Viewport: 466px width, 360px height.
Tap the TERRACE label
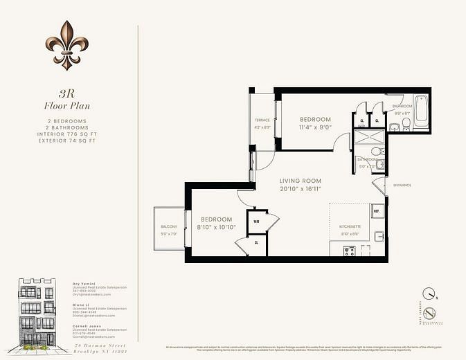(262, 120)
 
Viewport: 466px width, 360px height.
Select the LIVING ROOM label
(300, 181)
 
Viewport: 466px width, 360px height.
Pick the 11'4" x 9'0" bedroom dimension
(315, 127)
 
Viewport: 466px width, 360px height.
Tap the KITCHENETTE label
(350, 226)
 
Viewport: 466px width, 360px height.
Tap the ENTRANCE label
(402, 186)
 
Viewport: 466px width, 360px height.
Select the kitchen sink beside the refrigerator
(379, 236)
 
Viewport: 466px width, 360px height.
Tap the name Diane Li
(80, 305)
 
